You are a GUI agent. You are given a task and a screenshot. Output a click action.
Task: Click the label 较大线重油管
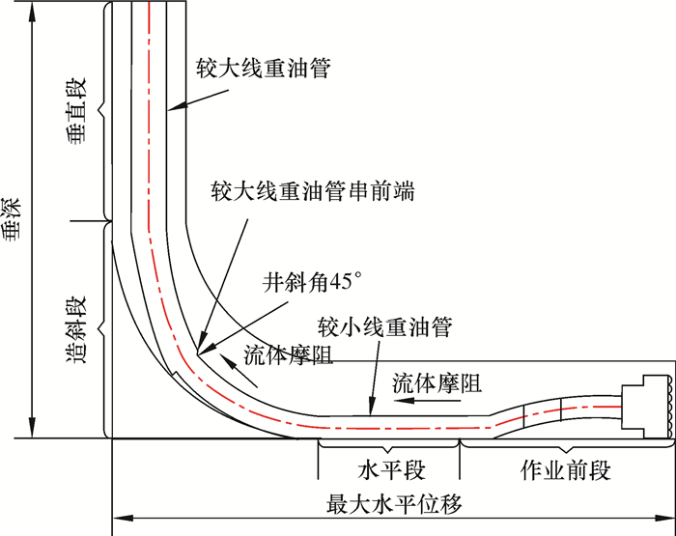262,68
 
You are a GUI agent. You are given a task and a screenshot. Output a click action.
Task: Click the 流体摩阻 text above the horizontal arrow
437,382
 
